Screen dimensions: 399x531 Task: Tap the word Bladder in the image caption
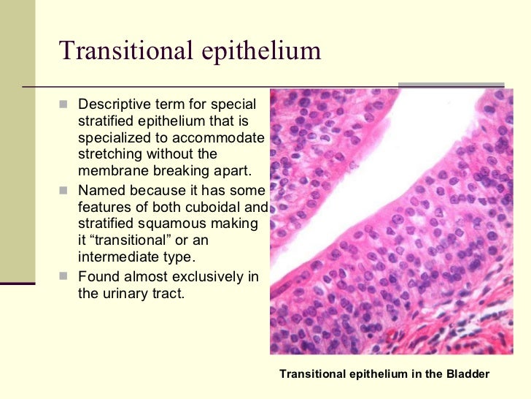click(467, 373)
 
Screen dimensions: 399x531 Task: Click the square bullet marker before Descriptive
click(63, 104)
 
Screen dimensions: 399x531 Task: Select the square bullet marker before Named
click(63, 190)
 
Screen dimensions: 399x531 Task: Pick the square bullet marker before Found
click(63, 277)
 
